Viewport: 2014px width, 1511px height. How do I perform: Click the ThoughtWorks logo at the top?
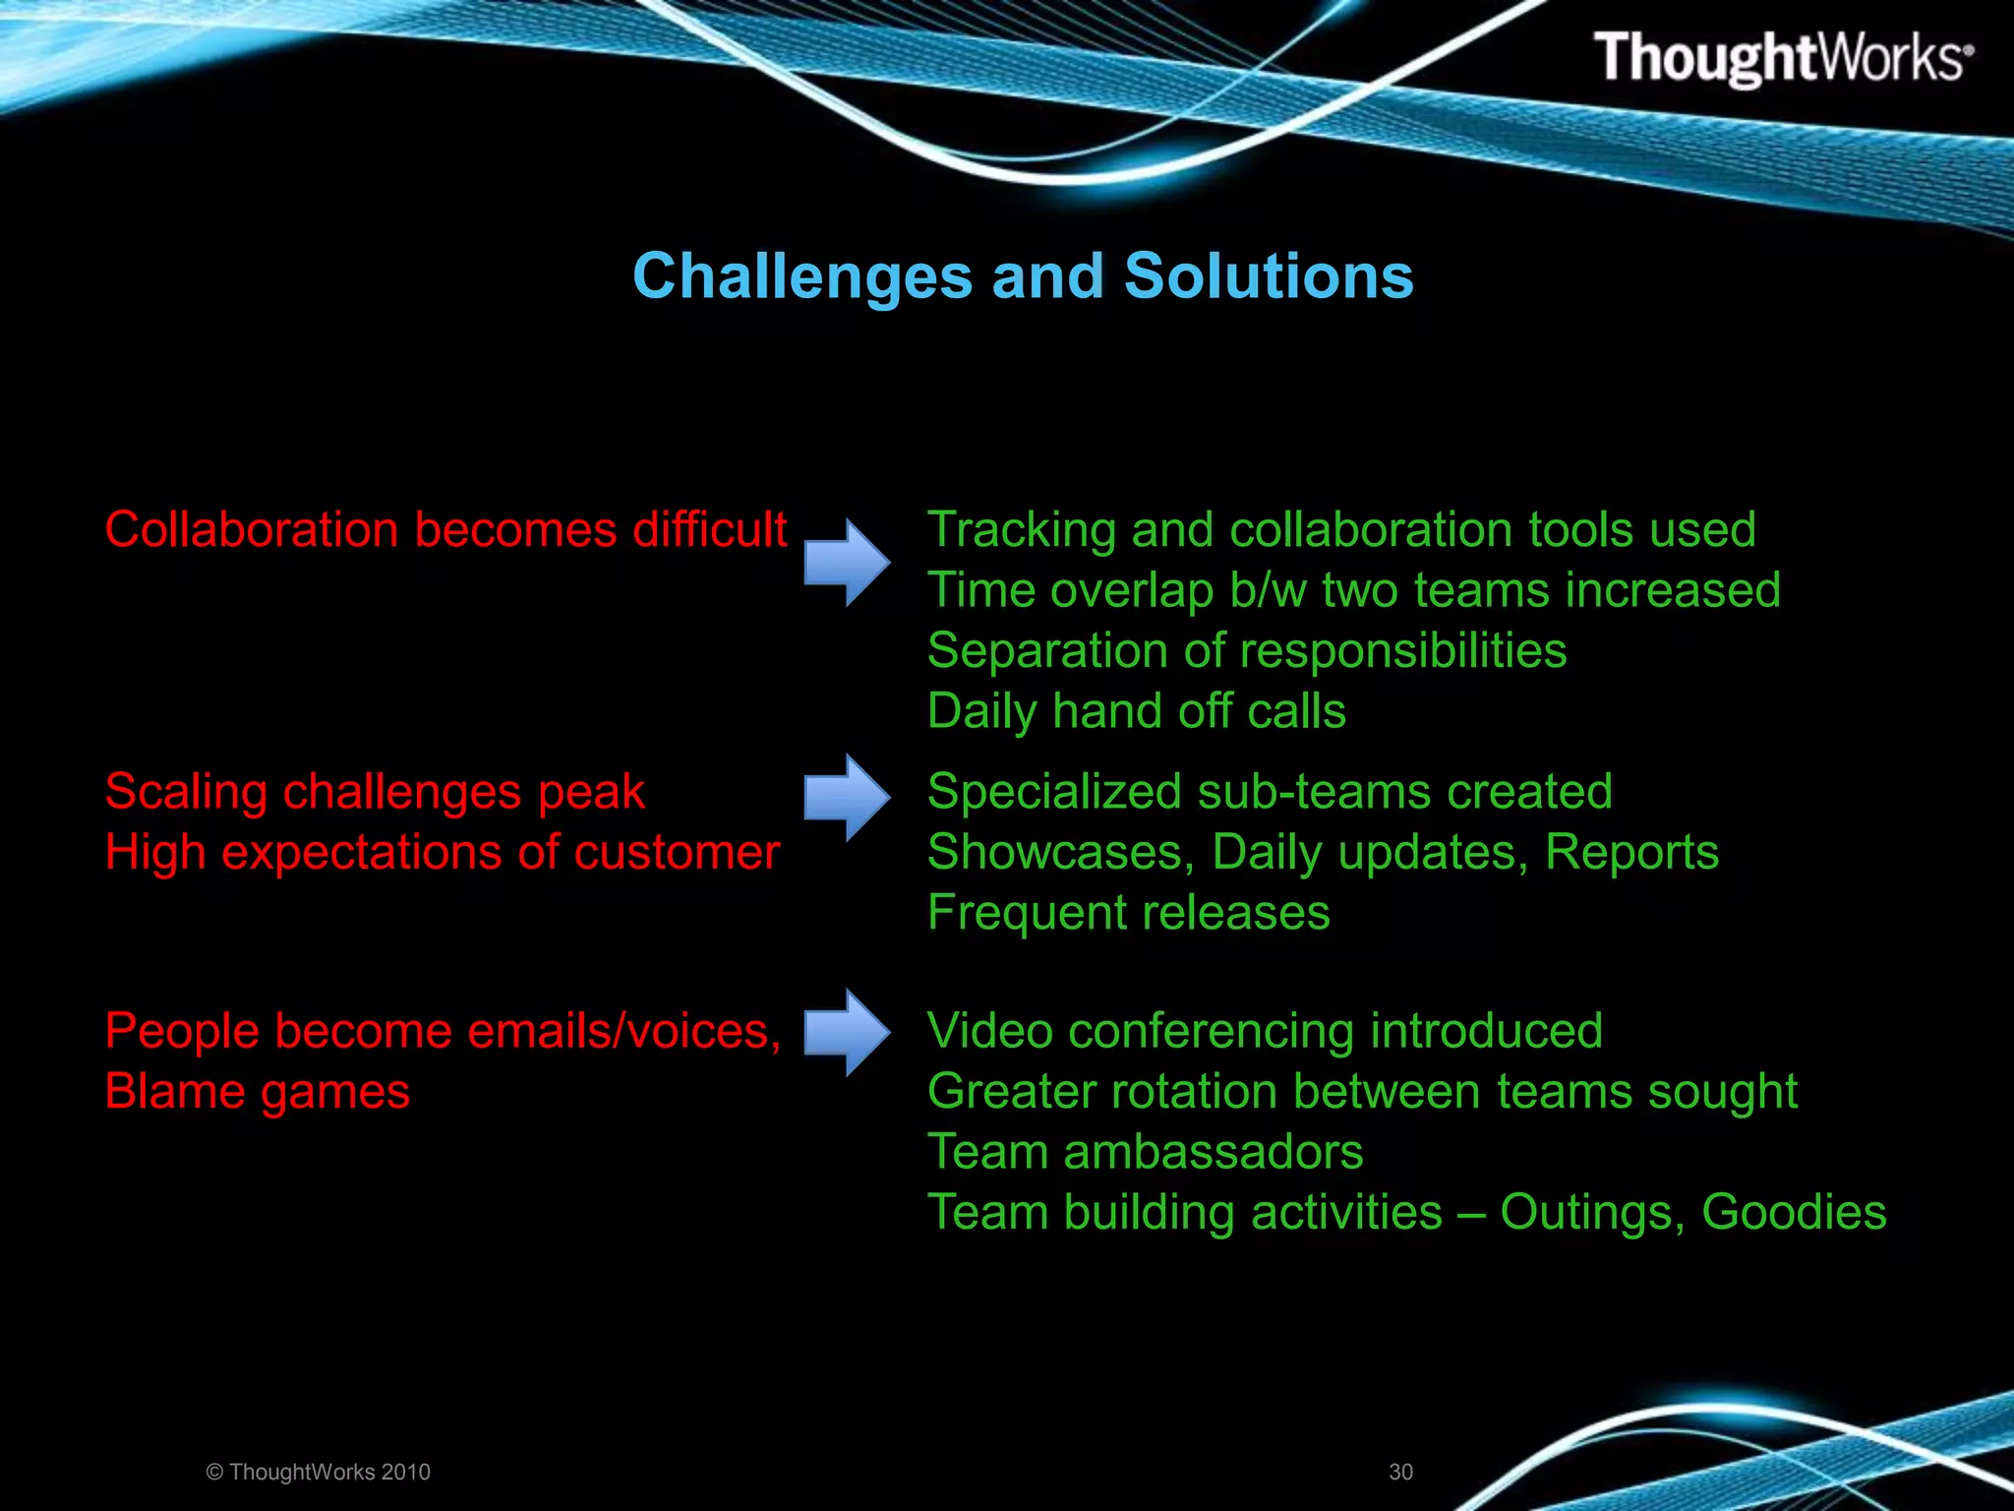(1782, 57)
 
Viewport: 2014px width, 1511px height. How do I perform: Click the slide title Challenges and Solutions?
(1023, 275)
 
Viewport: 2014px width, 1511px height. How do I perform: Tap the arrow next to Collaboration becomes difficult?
(847, 563)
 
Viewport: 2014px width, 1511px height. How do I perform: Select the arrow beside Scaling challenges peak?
(847, 797)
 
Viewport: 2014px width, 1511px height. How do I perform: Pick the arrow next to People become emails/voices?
(847, 1032)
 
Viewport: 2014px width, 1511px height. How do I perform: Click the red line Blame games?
(258, 1092)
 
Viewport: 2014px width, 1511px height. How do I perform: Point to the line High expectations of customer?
(443, 853)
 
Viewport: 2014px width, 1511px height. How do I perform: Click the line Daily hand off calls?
(1136, 711)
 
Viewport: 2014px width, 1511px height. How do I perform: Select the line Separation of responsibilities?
(1246, 651)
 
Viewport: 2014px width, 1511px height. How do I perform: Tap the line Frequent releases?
(1128, 913)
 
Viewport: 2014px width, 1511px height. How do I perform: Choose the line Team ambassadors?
(1145, 1152)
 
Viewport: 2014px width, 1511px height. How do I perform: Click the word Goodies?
(1794, 1212)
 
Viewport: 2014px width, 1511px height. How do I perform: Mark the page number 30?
(1400, 1472)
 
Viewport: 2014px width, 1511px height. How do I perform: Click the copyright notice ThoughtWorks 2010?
(319, 1472)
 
